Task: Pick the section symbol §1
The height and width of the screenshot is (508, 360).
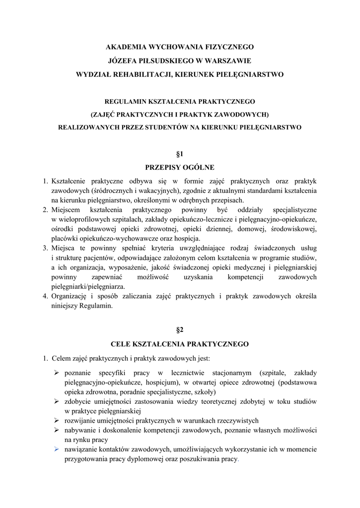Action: point(180,154)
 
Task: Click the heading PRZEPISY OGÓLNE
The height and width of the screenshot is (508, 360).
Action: point(180,168)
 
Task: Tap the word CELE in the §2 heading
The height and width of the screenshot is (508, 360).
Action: point(121,343)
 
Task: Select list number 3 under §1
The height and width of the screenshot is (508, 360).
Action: point(45,247)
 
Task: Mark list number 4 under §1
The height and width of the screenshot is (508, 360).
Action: point(45,296)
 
